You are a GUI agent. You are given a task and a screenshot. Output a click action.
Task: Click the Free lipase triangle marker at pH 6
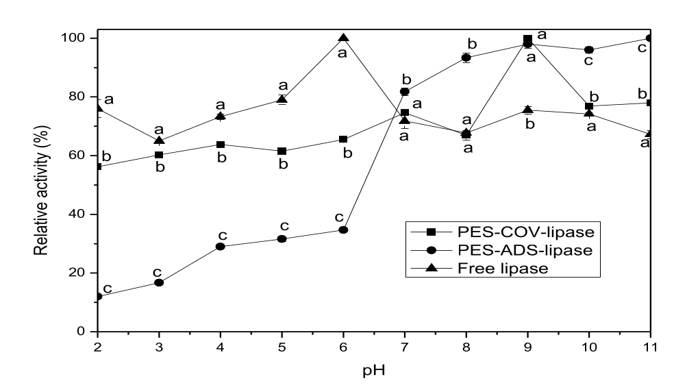pyautogui.click(x=343, y=38)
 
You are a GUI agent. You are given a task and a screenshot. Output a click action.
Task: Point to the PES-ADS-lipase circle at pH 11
pyautogui.click(x=649, y=38)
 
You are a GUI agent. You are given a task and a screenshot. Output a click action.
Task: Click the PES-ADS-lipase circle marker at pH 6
pyautogui.click(x=343, y=230)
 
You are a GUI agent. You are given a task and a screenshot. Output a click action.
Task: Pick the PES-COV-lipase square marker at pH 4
pyautogui.click(x=221, y=145)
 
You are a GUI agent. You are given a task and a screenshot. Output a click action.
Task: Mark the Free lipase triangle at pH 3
pyautogui.click(x=159, y=140)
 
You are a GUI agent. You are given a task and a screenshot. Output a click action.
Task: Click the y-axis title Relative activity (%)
pyautogui.click(x=42, y=185)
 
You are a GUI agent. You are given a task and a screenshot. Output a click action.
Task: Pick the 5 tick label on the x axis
pyautogui.click(x=282, y=347)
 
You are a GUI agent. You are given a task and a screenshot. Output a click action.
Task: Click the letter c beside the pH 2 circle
pyautogui.click(x=108, y=288)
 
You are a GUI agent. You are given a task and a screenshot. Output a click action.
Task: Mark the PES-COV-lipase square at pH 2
pyautogui.click(x=98, y=167)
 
